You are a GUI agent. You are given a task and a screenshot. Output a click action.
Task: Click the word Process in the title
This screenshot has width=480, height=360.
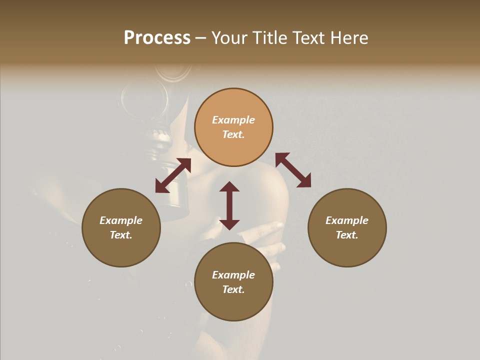pyautogui.click(x=157, y=38)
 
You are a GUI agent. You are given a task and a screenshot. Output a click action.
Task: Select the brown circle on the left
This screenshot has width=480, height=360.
pyautogui.click(x=121, y=227)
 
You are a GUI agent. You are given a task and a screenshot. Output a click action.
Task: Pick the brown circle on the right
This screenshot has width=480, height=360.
pyautogui.click(x=347, y=227)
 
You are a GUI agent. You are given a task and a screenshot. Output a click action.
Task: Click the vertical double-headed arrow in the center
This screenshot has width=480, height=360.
pyautogui.click(x=229, y=205)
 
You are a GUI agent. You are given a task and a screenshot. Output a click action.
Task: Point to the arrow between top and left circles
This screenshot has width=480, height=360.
pyautogui.click(x=173, y=175)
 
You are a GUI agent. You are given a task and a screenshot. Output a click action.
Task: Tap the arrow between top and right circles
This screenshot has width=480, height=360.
pyautogui.click(x=293, y=170)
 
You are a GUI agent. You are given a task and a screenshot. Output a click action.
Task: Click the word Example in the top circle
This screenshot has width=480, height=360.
pyautogui.click(x=233, y=120)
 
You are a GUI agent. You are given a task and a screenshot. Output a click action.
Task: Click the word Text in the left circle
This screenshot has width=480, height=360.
pyautogui.click(x=121, y=235)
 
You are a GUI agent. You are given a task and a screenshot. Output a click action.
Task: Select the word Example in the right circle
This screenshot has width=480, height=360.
pyautogui.click(x=347, y=220)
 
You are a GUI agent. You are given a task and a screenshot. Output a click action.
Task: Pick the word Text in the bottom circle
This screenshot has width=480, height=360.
pyautogui.click(x=233, y=289)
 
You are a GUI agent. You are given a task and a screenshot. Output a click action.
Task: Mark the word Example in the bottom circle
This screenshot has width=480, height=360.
pyautogui.click(x=233, y=275)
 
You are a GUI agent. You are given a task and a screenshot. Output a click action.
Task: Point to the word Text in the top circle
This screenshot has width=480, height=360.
pyautogui.click(x=233, y=134)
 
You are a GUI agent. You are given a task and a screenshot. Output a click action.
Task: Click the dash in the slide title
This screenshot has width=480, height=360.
pyautogui.click(x=201, y=38)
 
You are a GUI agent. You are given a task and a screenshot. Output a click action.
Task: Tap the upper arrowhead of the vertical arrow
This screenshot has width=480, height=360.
pyautogui.click(x=229, y=187)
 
